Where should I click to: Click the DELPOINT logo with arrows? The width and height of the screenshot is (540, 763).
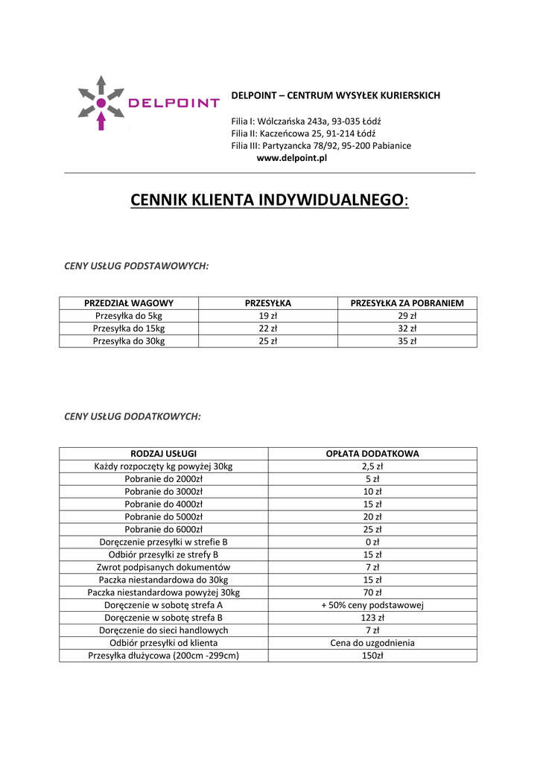tap(148, 103)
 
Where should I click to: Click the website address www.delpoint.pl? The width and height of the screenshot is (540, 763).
tap(292, 158)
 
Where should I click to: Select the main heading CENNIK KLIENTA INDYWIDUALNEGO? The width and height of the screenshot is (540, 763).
tap(269, 200)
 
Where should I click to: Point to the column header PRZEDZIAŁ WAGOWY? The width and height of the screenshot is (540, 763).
tap(129, 303)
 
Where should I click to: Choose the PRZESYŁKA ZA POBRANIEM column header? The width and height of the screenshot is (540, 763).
tap(407, 303)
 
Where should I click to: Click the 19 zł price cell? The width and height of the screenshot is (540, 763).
tap(268, 316)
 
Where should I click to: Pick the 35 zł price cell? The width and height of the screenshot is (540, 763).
tap(407, 341)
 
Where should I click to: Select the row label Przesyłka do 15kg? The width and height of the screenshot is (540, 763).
tap(129, 329)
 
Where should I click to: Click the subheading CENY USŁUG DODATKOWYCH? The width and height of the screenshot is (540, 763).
tap(133, 417)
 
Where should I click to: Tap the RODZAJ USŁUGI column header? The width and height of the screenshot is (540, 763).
tap(163, 454)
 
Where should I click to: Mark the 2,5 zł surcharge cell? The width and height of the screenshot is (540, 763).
tap(372, 466)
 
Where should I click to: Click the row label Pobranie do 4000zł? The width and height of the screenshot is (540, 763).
tap(163, 504)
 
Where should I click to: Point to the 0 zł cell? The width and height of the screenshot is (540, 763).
tap(372, 542)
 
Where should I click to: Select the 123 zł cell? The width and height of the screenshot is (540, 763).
tap(372, 618)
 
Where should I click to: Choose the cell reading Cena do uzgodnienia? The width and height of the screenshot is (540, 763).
tap(372, 643)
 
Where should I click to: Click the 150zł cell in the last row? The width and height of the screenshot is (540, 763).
tap(372, 656)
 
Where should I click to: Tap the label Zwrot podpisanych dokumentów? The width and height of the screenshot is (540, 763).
tap(163, 567)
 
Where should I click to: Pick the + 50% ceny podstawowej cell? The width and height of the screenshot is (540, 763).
tap(372, 605)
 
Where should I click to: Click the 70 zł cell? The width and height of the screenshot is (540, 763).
tap(372, 592)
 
